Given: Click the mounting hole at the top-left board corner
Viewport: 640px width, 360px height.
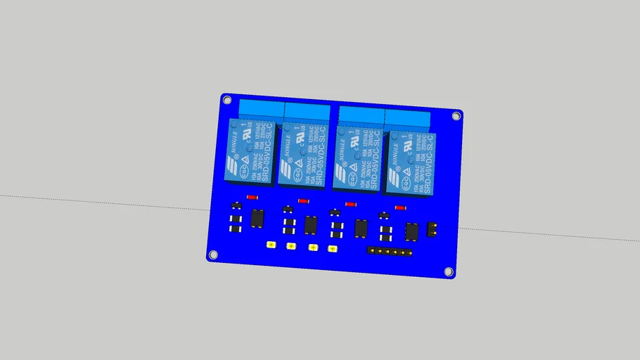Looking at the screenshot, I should [x=228, y=100].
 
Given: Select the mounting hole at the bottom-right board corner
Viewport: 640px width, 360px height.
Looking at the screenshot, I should [x=449, y=271].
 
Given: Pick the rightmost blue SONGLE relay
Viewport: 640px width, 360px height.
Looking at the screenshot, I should [x=409, y=163].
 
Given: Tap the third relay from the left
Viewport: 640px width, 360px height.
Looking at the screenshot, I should [x=356, y=159].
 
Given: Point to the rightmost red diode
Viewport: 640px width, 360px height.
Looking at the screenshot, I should [x=400, y=207].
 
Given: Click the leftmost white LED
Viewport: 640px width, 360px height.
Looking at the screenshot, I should [x=271, y=245].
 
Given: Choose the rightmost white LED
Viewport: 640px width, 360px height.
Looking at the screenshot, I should [x=333, y=248].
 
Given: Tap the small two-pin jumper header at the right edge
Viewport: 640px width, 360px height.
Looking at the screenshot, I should [x=433, y=229].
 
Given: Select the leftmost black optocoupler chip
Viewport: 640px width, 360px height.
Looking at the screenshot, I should [x=257, y=218].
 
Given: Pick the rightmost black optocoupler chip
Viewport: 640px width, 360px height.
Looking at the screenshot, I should [x=411, y=230].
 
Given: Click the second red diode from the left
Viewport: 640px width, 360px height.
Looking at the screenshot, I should [x=303, y=200].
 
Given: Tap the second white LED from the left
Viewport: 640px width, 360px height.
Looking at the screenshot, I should [x=290, y=245].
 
